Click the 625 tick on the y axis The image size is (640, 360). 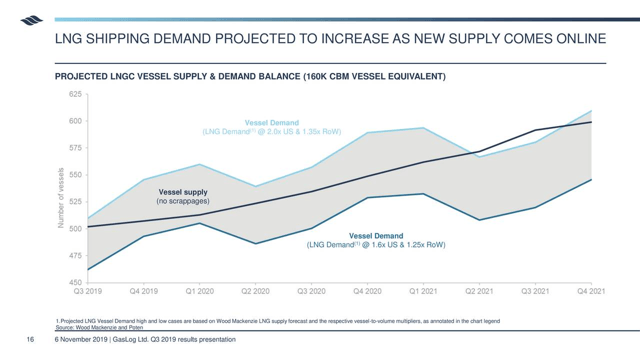coord(74,94)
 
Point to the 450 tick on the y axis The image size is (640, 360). coord(74,283)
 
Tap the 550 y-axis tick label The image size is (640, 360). coord(74,175)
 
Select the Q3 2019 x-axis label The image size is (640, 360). coord(88,291)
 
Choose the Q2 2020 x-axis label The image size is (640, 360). coord(256,291)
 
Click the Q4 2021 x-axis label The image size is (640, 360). coord(591,291)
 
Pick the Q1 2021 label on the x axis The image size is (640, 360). coord(423,291)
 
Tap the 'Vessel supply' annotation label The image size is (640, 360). coord(183,192)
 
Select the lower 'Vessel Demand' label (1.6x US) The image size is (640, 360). coord(375,236)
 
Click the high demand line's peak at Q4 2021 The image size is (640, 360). coord(591,111)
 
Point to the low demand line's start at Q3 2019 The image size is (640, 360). coord(88,270)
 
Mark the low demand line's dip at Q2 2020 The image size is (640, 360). coord(256,244)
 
